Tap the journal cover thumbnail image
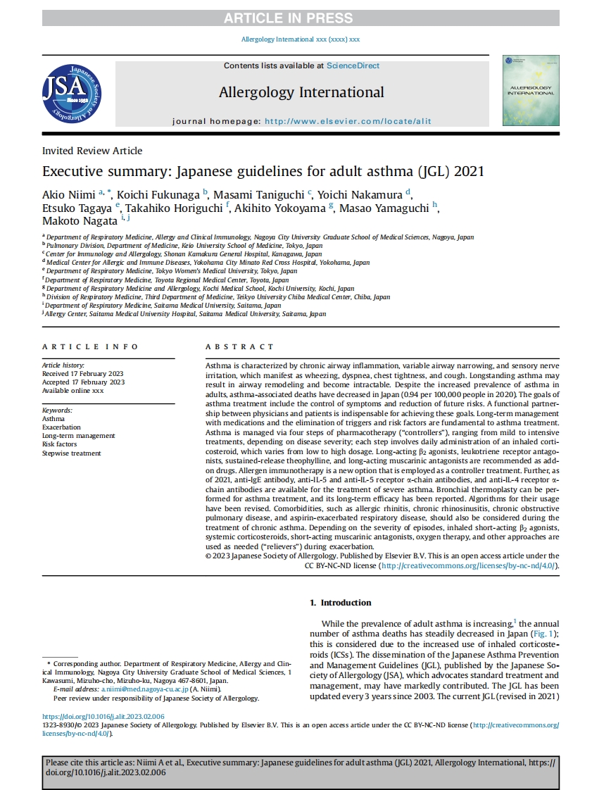(531, 91)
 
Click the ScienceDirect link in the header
(353, 65)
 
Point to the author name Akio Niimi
(69, 194)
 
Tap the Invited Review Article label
(92, 151)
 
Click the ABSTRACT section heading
(239, 347)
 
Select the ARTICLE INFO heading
(90, 347)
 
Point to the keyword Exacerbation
(61, 427)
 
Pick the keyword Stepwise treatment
(71, 453)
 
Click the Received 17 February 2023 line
(83, 374)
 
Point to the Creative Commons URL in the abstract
(469, 565)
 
